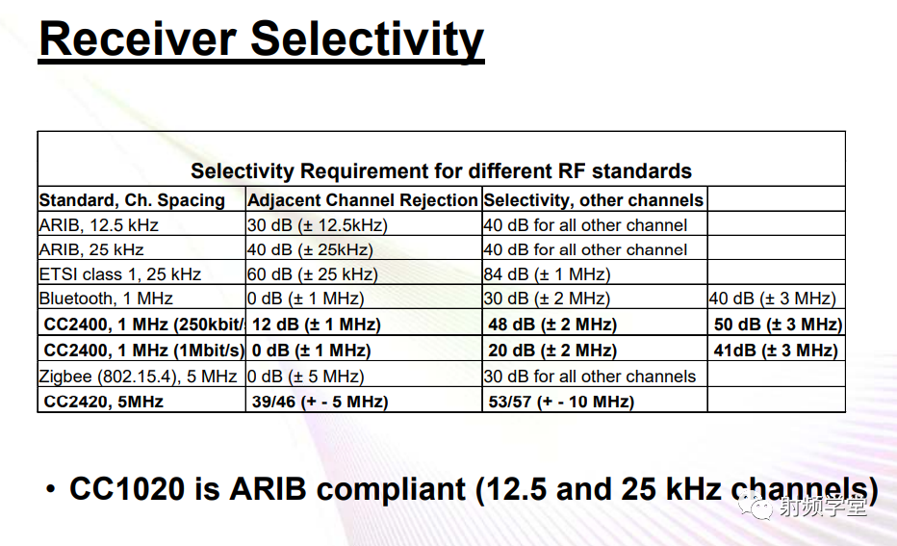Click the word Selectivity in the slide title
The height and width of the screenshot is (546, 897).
367,39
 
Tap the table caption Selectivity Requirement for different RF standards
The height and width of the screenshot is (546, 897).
441,171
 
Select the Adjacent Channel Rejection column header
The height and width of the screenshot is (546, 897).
363,200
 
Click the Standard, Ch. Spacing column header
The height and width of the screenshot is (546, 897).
132,200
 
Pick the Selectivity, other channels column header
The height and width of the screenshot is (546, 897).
593,200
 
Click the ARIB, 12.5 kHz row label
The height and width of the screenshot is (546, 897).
99,225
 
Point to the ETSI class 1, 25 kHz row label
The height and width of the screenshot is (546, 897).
120,274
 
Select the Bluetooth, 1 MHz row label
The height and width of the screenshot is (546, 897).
106,299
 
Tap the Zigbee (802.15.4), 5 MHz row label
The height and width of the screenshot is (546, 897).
139,377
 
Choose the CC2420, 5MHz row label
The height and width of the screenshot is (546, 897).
104,402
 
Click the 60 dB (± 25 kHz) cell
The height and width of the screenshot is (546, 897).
312,274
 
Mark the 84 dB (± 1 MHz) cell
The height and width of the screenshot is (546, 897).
547,274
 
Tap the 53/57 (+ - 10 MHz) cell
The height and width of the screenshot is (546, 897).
561,402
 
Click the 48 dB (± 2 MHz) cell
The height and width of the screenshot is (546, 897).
552,325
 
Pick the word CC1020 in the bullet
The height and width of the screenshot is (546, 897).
126,488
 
